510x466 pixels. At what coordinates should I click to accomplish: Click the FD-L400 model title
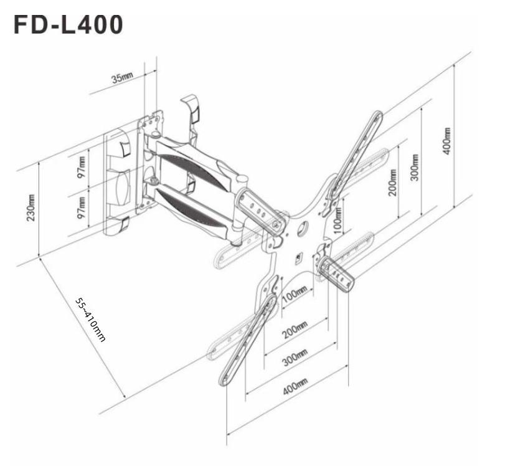pyautogui.click(x=68, y=26)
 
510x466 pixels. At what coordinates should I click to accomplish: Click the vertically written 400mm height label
pyautogui.click(x=446, y=141)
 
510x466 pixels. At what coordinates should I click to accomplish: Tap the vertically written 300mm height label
pyautogui.click(x=415, y=166)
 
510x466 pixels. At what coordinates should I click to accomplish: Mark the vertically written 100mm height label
pyautogui.click(x=337, y=218)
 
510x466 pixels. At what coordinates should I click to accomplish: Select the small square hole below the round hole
pyautogui.click(x=298, y=256)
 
